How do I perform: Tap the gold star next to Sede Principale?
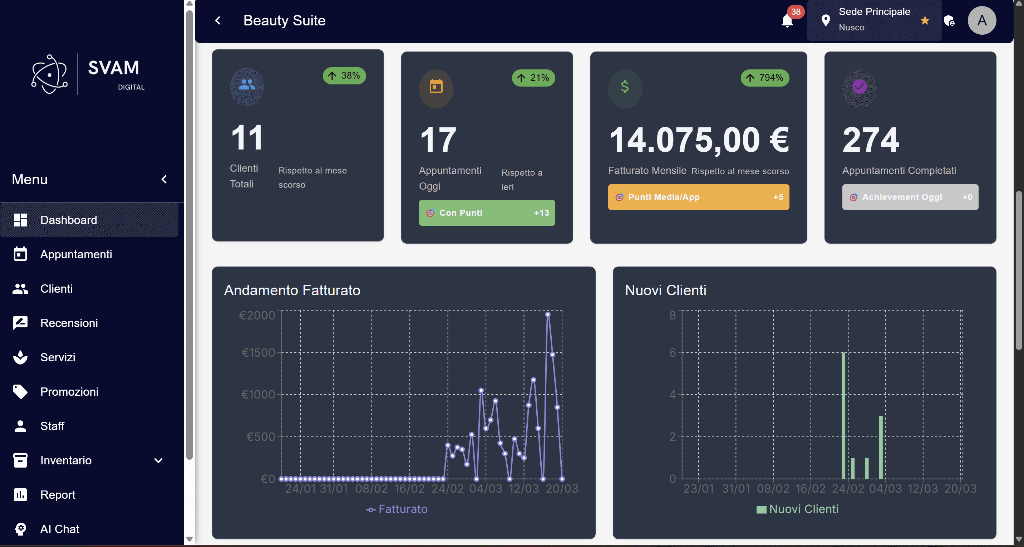[925, 20]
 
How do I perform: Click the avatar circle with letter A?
[981, 20]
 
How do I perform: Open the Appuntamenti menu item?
[76, 254]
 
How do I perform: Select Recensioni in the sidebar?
[69, 323]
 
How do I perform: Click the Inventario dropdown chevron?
[158, 460]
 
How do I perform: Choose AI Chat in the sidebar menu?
[60, 529]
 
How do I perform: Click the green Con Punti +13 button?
[487, 213]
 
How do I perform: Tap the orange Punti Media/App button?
[698, 197]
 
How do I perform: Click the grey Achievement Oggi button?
[910, 197]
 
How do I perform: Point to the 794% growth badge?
[764, 78]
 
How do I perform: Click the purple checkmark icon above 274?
[859, 87]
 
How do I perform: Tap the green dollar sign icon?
[625, 87]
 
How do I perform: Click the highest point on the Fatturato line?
[547, 314]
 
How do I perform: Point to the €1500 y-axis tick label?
[259, 352]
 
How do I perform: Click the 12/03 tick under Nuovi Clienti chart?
[922, 489]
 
